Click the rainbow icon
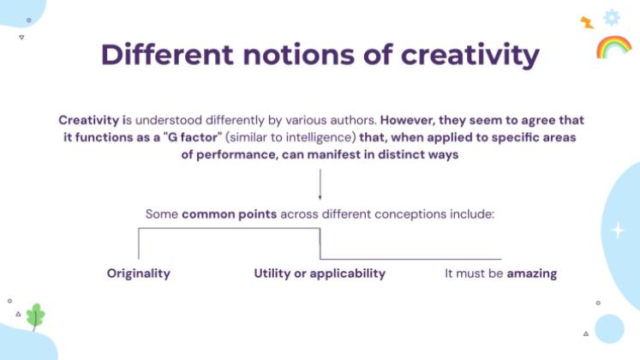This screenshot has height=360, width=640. pyautogui.click(x=613, y=46)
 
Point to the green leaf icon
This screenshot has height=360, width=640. pyautogui.click(x=35, y=316)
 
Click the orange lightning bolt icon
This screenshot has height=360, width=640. pyautogui.click(x=587, y=22)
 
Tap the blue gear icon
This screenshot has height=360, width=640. pyautogui.click(x=611, y=17)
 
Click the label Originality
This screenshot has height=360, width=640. pyautogui.click(x=139, y=273)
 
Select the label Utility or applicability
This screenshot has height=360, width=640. pyautogui.click(x=320, y=273)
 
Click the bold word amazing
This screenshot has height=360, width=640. pyautogui.click(x=532, y=273)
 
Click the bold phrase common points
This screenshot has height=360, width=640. pyautogui.click(x=229, y=213)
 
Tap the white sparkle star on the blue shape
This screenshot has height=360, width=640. pyautogui.click(x=618, y=230)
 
